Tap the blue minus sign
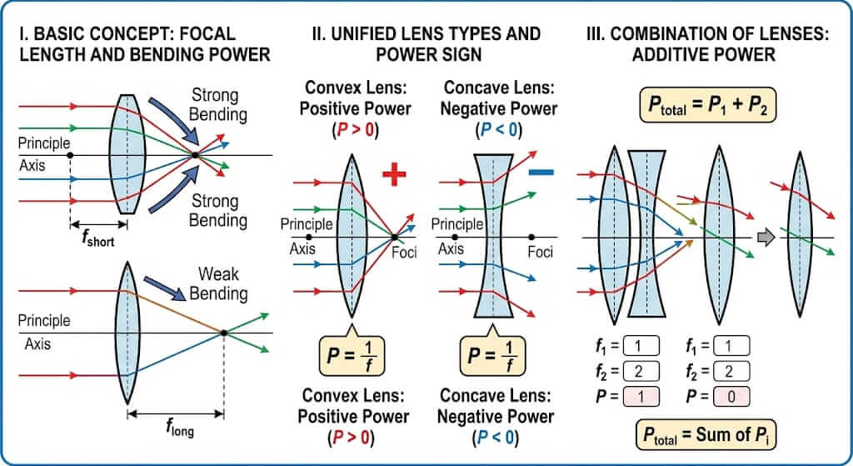(x=541, y=173)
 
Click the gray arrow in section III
(x=765, y=237)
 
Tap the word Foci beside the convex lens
(x=403, y=253)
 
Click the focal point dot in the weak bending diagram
(x=223, y=333)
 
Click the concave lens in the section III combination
(x=646, y=237)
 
